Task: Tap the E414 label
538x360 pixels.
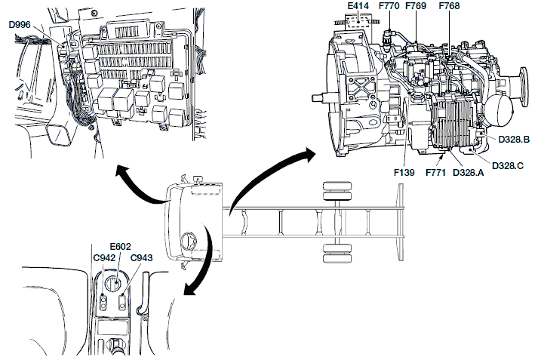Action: point(358,7)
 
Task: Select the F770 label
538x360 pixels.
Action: point(389,7)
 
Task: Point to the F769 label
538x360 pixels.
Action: point(416,7)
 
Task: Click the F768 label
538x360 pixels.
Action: point(449,7)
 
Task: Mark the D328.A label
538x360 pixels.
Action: point(469,173)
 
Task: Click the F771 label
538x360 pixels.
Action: point(436,173)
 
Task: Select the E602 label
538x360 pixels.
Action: point(120,246)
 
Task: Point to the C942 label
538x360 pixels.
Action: point(104,258)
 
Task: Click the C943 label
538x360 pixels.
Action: point(142,258)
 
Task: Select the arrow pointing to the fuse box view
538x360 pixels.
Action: point(128,181)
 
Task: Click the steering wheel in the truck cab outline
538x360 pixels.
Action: point(189,242)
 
